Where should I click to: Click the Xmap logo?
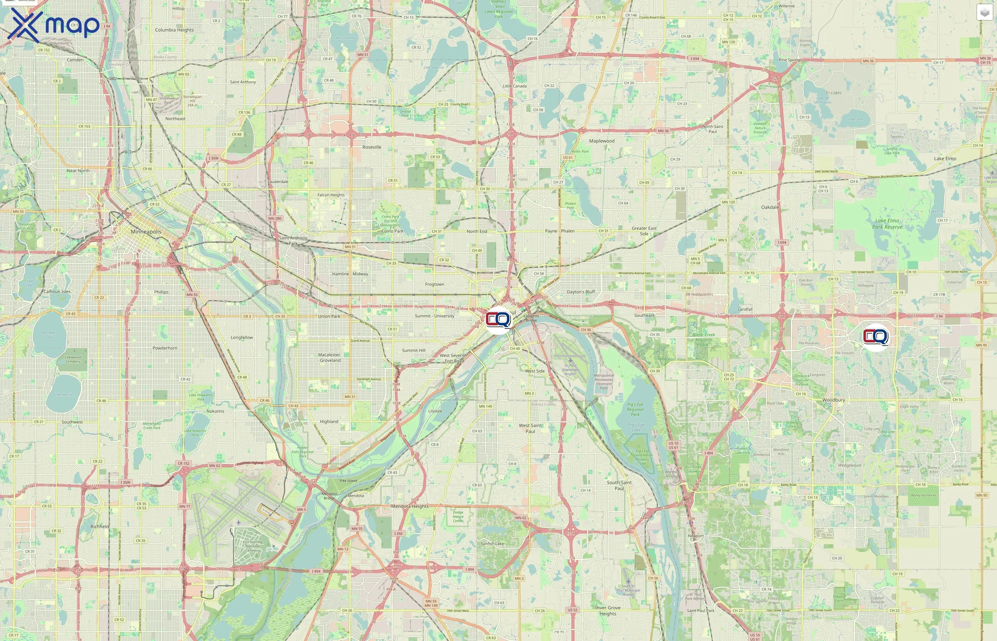pyautogui.click(x=53, y=25)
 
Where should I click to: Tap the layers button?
pyautogui.click(x=984, y=12)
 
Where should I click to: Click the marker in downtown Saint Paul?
pyautogui.click(x=498, y=320)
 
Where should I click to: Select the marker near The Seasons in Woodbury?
pyautogui.click(x=876, y=336)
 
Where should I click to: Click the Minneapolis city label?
pyautogui.click(x=146, y=232)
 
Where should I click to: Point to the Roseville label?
pyautogui.click(x=372, y=147)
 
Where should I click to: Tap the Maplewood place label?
pyautogui.click(x=601, y=141)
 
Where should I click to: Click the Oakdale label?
pyautogui.click(x=770, y=207)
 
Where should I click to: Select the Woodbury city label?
pyautogui.click(x=834, y=400)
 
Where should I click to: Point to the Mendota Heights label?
pyautogui.click(x=409, y=506)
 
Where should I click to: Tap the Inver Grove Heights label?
pyautogui.click(x=607, y=611)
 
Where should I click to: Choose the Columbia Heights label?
pyautogui.click(x=174, y=30)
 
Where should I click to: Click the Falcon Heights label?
pyautogui.click(x=331, y=195)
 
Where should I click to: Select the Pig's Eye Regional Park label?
pyautogui.click(x=635, y=409)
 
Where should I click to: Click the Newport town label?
pyautogui.click(x=696, y=536)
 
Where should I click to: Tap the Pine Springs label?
pyautogui.click(x=790, y=60)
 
